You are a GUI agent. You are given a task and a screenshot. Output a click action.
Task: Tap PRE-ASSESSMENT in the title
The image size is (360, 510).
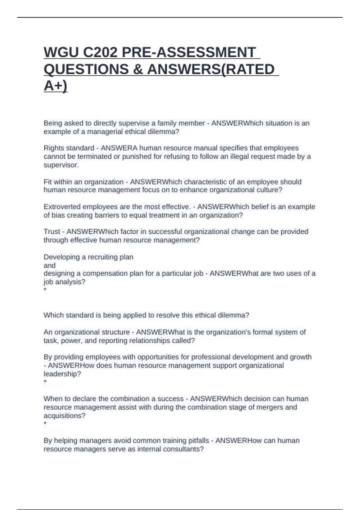[189, 53]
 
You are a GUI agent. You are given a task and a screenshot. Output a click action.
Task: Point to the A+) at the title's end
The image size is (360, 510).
[55, 86]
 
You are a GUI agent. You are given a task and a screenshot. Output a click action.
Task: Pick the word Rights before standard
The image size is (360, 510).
[54, 148]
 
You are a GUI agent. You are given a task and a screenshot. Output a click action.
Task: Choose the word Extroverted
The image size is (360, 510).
[62, 207]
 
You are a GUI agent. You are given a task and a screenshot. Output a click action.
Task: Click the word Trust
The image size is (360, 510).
[52, 232]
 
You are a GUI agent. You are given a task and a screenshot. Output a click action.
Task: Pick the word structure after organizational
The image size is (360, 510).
[116, 332]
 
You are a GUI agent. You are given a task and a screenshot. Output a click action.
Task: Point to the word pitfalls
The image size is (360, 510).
[196, 441]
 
